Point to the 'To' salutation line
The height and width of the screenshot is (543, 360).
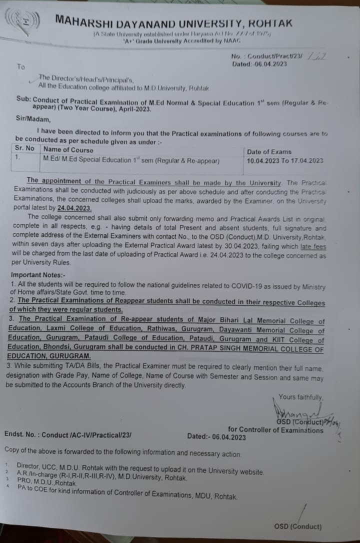pyautogui.click(x=20, y=66)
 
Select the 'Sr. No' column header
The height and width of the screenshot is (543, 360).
pyautogui.click(x=24, y=149)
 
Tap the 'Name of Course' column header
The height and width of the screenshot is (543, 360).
pyautogui.click(x=68, y=149)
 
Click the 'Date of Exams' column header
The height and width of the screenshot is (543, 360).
pyautogui.click(x=269, y=151)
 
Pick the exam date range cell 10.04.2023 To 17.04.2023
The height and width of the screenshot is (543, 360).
pyautogui.click(x=285, y=161)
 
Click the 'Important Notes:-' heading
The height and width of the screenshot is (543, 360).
pyautogui.click(x=38, y=275)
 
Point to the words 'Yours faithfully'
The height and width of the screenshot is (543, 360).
pyautogui.click(x=300, y=397)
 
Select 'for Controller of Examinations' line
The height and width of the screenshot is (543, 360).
pyautogui.click(x=275, y=429)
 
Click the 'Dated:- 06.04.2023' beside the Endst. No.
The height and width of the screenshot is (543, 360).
pyautogui.click(x=216, y=436)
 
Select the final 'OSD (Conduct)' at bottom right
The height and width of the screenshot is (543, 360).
pyautogui.click(x=297, y=526)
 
